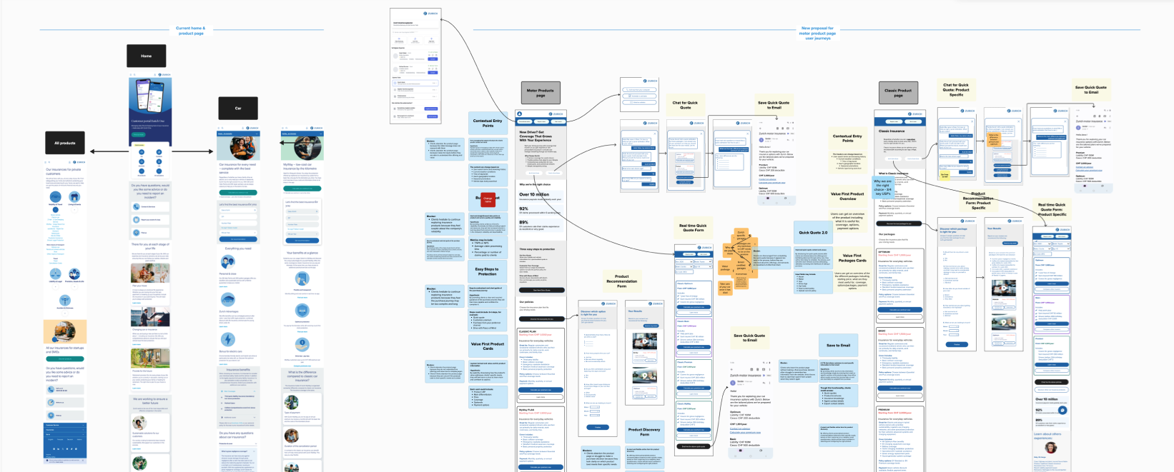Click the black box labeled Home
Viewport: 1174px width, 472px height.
147,56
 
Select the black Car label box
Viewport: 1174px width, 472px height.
238,108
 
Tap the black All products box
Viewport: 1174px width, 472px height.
65,143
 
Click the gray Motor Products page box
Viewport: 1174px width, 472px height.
541,92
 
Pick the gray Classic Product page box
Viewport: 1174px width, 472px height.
898,92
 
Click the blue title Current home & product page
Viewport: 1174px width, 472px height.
191,31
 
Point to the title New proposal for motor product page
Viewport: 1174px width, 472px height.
817,33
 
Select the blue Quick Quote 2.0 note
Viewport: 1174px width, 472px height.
813,232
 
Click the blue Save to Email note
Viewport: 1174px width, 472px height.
838,345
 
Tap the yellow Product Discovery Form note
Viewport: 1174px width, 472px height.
644,431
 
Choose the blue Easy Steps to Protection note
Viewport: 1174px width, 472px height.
487,271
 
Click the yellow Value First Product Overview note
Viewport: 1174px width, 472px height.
847,196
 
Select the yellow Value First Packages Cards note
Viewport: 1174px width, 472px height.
852,258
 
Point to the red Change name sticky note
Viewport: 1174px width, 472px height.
488,200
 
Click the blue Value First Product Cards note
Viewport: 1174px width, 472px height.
488,346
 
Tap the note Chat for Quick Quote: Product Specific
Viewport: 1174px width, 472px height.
956,89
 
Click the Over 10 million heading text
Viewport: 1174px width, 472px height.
534,194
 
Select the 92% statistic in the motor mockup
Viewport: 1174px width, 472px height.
523,209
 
